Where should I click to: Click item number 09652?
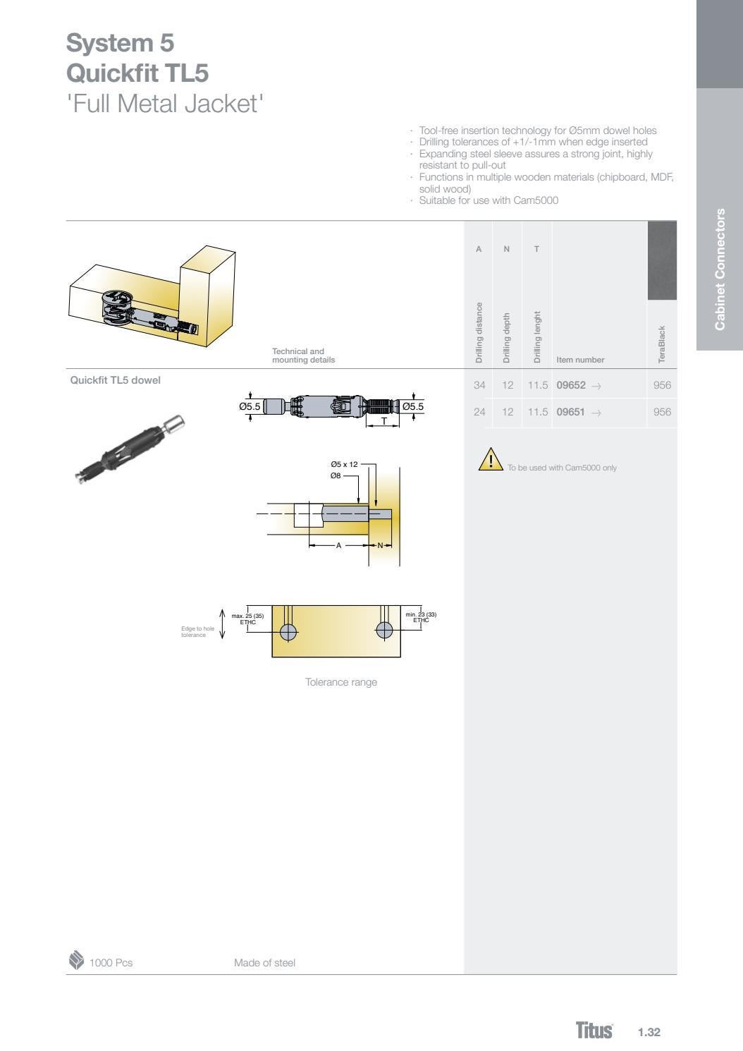[x=571, y=385]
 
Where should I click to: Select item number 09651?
[x=571, y=412]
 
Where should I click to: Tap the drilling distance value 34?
[x=479, y=385]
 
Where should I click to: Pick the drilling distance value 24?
[x=479, y=412]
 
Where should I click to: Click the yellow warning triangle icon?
[x=489, y=460]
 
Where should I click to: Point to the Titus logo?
[x=594, y=1031]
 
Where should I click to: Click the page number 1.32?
[x=649, y=1032]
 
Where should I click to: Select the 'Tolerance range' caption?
[x=340, y=682]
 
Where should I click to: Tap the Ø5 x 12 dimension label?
[x=344, y=464]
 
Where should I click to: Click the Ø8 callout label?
[x=336, y=476]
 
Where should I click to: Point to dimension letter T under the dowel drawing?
[x=384, y=421]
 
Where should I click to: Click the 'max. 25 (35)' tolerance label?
[x=247, y=616]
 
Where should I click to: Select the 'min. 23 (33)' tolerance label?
[x=421, y=615]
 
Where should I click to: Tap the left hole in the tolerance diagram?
[x=288, y=630]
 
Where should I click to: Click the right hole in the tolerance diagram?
[x=384, y=629]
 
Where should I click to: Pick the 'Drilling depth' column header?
[x=506, y=338]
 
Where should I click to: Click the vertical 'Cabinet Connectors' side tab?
[x=720, y=269]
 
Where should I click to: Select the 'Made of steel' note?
[x=264, y=963]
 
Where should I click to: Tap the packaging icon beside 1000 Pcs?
[x=75, y=961]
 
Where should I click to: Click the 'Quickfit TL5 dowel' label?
[x=115, y=380]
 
